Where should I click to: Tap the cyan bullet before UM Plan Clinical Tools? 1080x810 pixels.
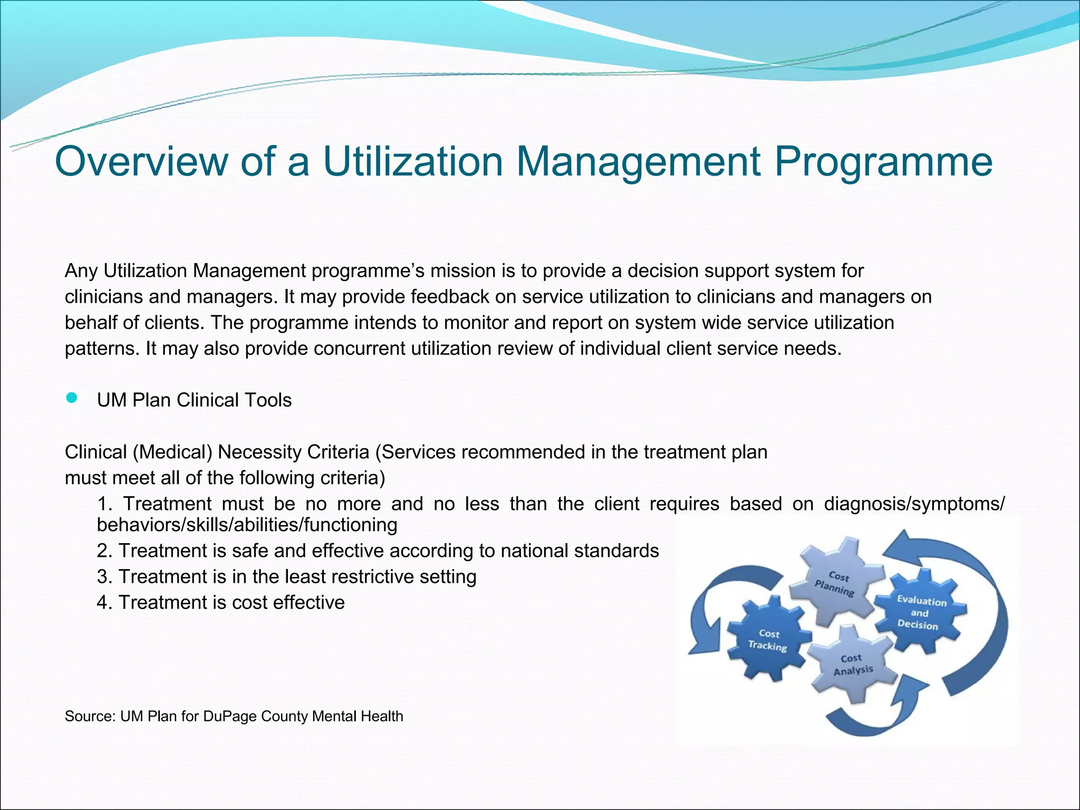point(72,398)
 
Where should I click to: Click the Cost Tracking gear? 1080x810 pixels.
point(768,640)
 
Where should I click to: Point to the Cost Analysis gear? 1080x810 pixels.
point(852,664)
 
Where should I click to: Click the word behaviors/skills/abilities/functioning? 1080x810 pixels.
point(247,525)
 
